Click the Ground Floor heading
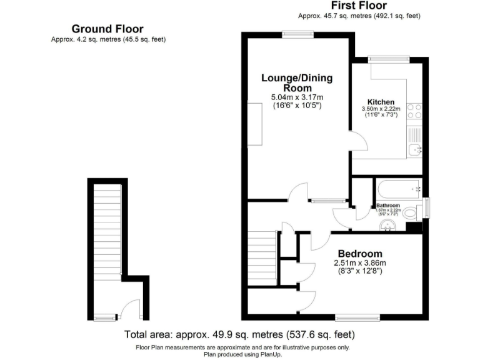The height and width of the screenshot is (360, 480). pos(107,29)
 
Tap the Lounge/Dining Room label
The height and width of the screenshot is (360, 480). pos(297,82)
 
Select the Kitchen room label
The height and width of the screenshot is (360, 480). pos(381,102)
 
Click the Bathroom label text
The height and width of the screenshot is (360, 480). pos(388,206)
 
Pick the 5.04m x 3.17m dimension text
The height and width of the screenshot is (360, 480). pos(297,97)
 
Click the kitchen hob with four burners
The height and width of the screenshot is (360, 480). pos(414,111)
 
